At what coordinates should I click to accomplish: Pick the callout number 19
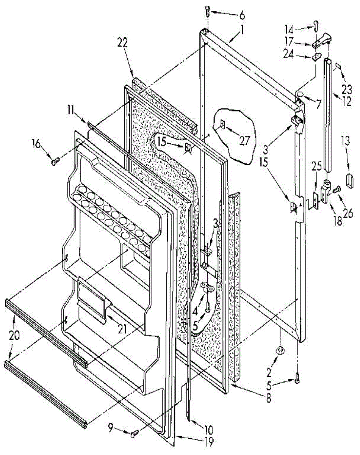[x=208, y=441]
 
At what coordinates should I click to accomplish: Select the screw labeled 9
[x=135, y=433]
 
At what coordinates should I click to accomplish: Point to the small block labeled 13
[x=349, y=178]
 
